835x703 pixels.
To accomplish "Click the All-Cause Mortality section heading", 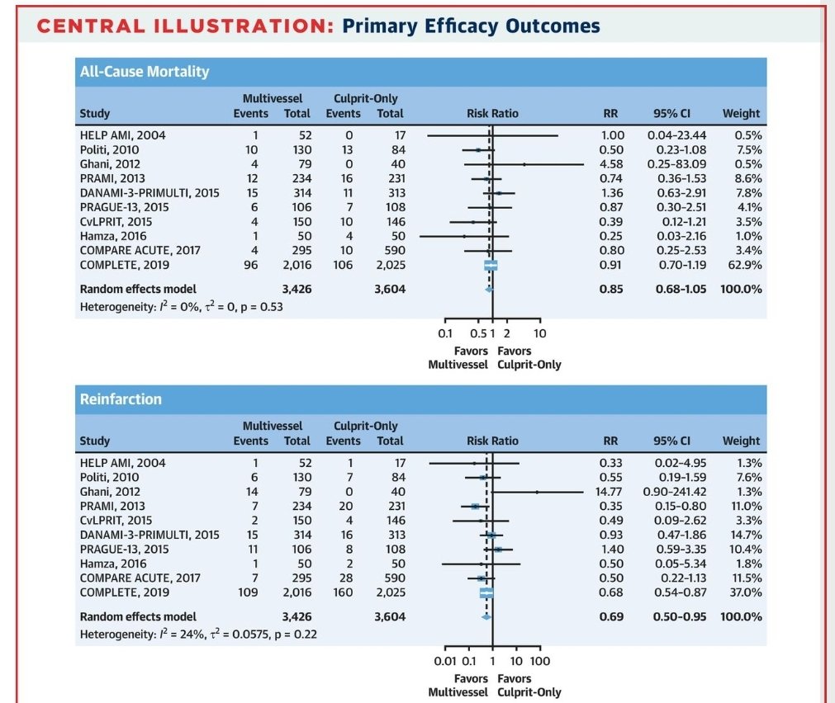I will [144, 72].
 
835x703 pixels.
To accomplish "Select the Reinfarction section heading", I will [121, 399].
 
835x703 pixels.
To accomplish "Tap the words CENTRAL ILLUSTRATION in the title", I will [185, 27].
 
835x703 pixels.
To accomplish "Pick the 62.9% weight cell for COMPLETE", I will [742, 265].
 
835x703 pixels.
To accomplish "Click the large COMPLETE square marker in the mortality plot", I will [491, 265].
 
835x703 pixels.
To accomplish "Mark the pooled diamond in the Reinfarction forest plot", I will [486, 616].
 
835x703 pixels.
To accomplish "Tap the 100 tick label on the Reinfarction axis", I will [540, 661].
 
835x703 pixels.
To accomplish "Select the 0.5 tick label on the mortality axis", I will [477, 333].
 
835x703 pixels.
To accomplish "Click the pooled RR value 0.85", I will [611, 289].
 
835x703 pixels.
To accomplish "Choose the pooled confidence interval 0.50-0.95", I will [679, 616].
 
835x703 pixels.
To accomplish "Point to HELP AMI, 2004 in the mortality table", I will [122, 135].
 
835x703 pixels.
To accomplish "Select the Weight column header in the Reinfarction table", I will [741, 441].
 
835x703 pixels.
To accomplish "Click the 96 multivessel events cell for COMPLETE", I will [250, 265].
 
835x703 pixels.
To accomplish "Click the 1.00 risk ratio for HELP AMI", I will [612, 135].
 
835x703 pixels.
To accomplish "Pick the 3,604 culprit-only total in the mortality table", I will [390, 289].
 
